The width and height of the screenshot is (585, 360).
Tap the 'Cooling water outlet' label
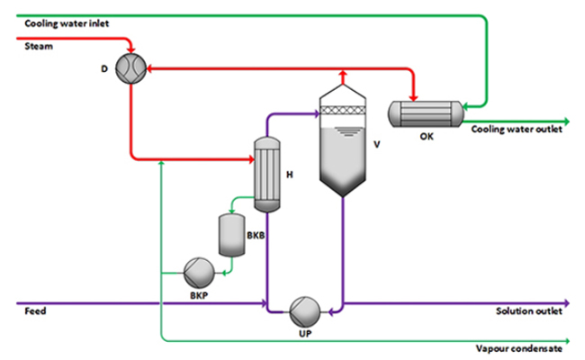coord(517,130)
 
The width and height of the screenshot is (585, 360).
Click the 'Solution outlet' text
coord(529,311)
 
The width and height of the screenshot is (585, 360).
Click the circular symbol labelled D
coord(131,68)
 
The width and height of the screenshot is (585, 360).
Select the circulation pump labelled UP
coord(302,311)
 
